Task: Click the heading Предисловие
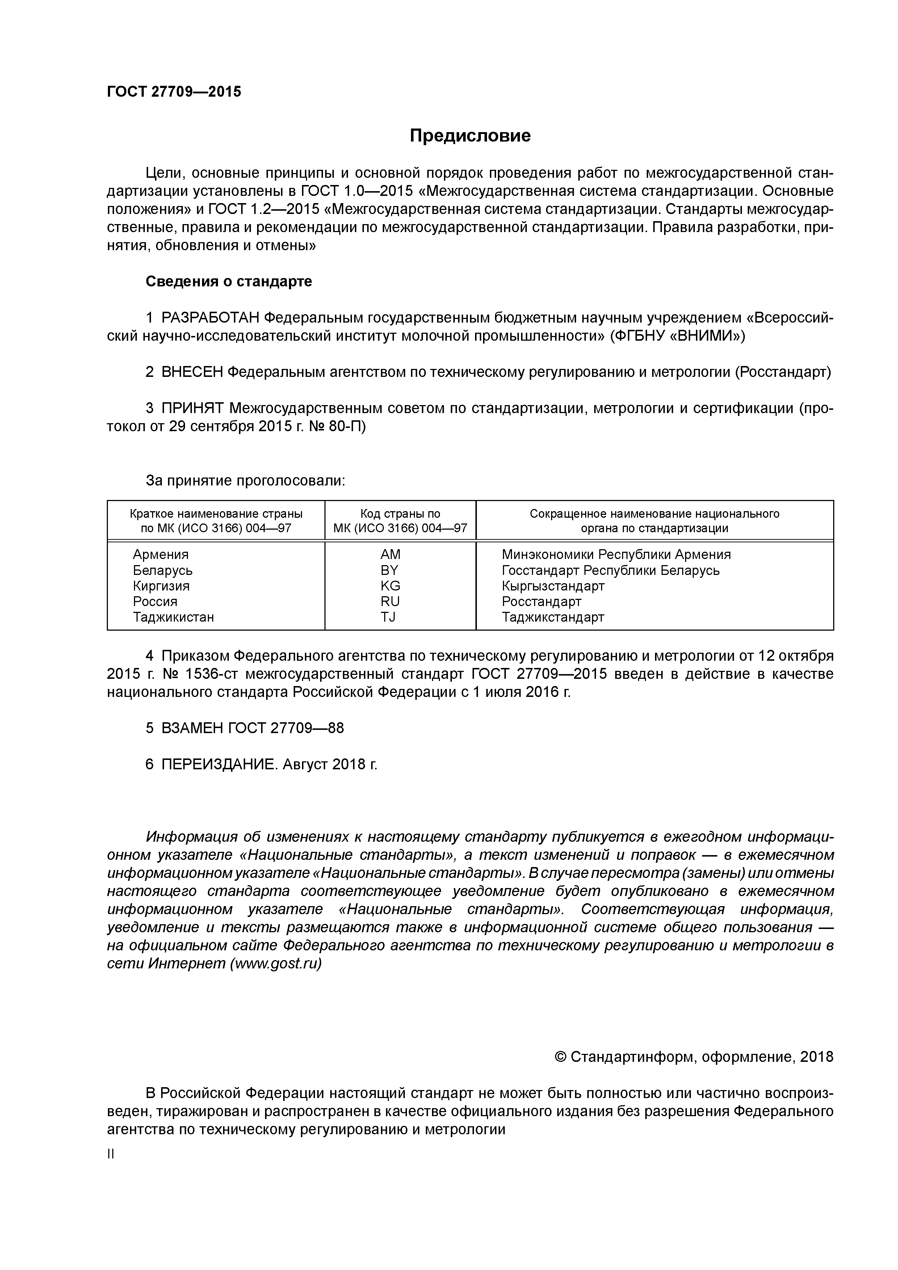470,135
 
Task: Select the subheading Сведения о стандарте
228,282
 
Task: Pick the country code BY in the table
390,570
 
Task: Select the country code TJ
389,617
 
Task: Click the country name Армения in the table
160,554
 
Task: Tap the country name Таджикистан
173,617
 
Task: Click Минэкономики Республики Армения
616,554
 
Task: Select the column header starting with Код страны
400,521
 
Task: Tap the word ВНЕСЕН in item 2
192,372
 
